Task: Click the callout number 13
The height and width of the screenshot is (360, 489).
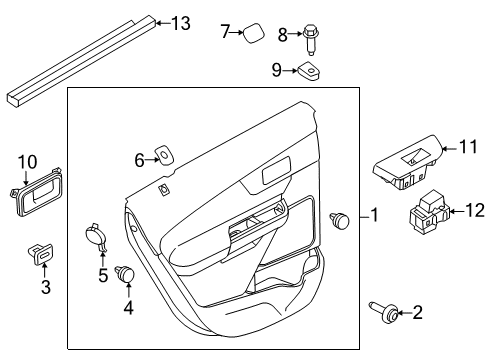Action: (181, 23)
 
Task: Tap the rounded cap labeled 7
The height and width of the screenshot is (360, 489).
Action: (254, 33)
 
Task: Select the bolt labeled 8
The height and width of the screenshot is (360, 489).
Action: (311, 39)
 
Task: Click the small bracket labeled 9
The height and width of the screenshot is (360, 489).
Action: (310, 71)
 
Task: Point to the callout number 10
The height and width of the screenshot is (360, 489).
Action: (27, 162)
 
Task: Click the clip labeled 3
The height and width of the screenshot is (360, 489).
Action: (40, 254)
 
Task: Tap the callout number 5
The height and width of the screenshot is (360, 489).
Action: (103, 276)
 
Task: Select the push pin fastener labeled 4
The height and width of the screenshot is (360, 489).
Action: (124, 274)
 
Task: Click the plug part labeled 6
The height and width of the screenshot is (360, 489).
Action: (164, 154)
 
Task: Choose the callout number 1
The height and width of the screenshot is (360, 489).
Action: (375, 214)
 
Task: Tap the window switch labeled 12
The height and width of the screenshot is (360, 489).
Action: (429, 211)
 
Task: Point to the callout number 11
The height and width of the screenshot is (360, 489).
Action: (468, 147)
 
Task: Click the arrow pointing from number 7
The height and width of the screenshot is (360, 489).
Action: (237, 32)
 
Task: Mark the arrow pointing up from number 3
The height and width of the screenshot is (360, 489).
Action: (45, 272)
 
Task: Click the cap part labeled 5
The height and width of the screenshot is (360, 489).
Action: (96, 237)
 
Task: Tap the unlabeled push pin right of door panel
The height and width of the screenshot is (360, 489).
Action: (339, 220)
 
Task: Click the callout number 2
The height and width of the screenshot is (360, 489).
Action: (417, 312)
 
